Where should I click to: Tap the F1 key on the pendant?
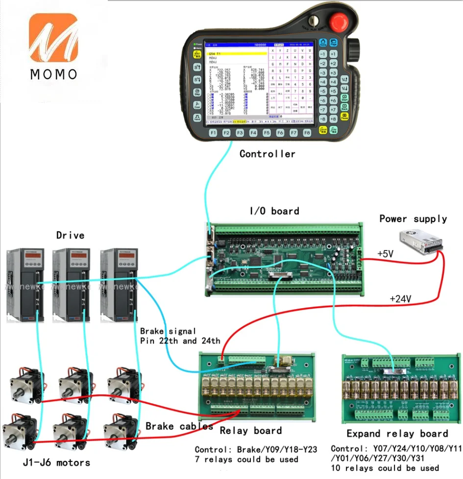pos(213,133)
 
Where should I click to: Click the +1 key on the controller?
pos(333,54)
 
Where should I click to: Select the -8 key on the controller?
pos(322,119)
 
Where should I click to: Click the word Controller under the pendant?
pos(267,154)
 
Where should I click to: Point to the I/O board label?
pos(274,211)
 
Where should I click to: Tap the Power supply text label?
pos(413,219)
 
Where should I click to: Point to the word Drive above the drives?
pos(70,235)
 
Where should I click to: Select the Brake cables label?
pos(179,426)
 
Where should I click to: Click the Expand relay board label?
pos(397,433)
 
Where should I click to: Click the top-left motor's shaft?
pos(19,391)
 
